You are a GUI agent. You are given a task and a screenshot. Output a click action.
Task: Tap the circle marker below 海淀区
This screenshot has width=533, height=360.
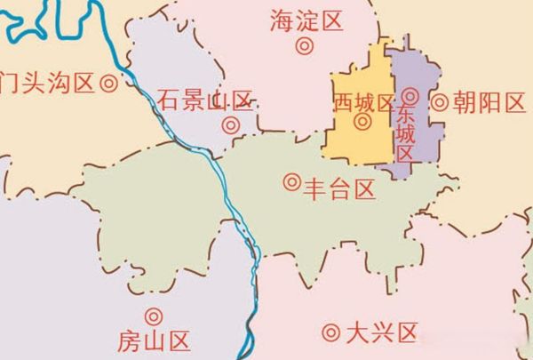tap(305, 45)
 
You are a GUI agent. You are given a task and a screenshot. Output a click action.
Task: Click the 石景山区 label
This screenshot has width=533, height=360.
tap(205, 100)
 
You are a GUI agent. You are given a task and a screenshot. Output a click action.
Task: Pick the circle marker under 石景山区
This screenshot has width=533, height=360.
tap(231, 125)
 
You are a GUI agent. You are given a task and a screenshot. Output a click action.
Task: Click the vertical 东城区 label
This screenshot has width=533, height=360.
tap(406, 134)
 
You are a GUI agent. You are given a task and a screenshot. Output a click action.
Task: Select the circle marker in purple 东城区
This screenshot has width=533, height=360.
tap(410, 95)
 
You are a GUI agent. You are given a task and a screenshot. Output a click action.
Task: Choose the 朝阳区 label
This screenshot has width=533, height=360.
tap(489, 101)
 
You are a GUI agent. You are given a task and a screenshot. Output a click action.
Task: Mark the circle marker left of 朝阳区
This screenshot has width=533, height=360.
tap(439, 101)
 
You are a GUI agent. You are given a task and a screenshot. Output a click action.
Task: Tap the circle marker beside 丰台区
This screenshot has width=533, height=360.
tap(290, 182)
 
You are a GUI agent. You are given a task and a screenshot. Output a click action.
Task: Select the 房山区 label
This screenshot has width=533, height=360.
tap(154, 340)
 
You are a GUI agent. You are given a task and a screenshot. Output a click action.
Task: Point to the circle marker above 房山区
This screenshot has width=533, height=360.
tap(154, 316)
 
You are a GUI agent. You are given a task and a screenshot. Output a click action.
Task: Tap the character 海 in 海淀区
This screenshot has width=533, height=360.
tap(281, 22)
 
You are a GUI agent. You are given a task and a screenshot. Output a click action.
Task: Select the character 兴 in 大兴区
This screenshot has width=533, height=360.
tap(381, 333)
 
